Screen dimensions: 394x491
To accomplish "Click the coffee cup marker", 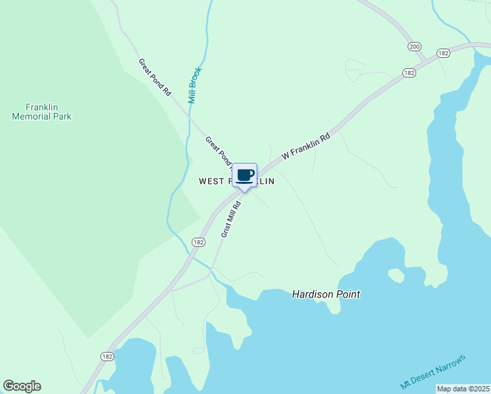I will coord(245,176).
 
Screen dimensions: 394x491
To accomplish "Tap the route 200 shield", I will coord(414,46).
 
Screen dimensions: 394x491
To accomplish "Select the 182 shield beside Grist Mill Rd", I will coord(198,242).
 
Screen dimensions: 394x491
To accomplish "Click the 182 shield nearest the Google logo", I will coord(108,356).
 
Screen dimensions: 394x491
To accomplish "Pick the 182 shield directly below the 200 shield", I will coord(410,73).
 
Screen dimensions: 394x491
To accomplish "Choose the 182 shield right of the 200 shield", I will coord(443,53).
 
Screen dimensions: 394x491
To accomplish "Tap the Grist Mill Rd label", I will coord(231,219).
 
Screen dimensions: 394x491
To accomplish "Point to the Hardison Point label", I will coord(326,295).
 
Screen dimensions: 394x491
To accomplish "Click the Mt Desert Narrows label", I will coord(433,372).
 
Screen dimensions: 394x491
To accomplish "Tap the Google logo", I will coord(22,386).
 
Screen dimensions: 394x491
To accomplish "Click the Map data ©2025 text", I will coord(463,389).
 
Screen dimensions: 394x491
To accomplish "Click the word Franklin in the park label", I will coord(42,107).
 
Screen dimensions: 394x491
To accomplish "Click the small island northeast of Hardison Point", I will coord(396,274).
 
